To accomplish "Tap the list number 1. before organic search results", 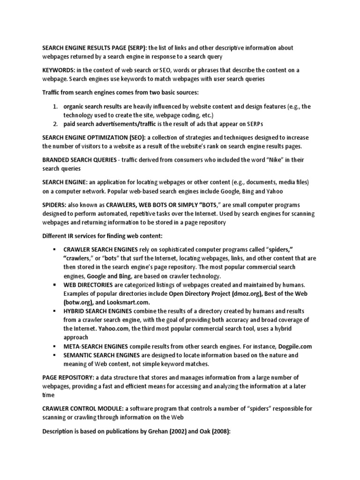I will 54,106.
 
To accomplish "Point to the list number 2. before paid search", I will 54,124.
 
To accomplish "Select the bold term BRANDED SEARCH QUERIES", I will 79,160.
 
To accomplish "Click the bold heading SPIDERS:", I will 56,205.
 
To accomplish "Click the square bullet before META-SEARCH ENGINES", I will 55,346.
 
